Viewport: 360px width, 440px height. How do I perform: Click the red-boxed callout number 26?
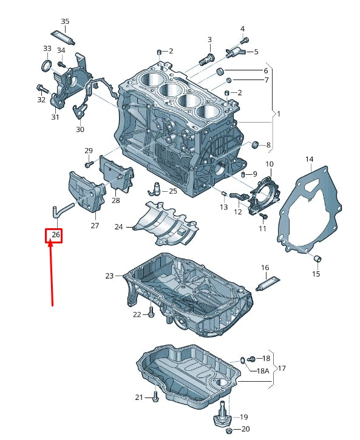(55, 235)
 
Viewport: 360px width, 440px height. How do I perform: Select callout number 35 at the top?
(65, 22)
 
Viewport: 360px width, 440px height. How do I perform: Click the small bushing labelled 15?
(316, 260)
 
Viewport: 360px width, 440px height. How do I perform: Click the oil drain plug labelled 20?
(229, 430)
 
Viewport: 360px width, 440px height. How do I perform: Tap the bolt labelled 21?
(154, 398)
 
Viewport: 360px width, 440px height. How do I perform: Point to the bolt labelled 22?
(151, 314)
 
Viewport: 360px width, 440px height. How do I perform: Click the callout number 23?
(109, 276)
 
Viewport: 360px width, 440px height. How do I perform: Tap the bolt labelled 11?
(262, 215)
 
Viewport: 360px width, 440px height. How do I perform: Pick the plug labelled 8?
(256, 144)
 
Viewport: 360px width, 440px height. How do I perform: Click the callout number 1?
(279, 114)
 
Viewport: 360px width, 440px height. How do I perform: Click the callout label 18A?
(263, 371)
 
